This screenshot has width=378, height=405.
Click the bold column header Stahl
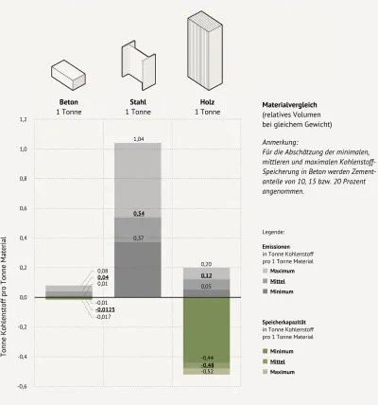[137, 101]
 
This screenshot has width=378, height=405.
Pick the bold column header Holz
[206, 101]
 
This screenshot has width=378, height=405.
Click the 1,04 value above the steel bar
[138, 139]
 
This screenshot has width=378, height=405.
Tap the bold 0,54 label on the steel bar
[138, 214]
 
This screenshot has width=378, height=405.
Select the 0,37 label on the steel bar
[138, 238]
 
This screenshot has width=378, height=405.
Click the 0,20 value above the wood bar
[207, 264]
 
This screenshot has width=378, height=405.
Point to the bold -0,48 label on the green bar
[207, 364]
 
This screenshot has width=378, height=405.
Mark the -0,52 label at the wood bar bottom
[207, 372]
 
